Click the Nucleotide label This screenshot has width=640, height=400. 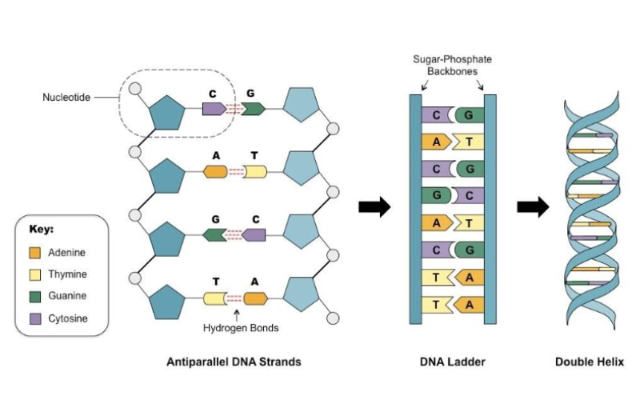tap(66, 98)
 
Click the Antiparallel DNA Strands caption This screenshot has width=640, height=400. tap(234, 362)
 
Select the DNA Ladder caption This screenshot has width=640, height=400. tap(452, 362)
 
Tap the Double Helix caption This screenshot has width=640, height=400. tap(590, 362)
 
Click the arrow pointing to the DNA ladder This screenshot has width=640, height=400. tap(374, 208)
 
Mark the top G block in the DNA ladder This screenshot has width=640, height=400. tap(469, 115)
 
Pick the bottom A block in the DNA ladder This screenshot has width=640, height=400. tap(469, 305)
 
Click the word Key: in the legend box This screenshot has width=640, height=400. tap(42, 229)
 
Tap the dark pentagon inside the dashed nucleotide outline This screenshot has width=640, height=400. tap(169, 114)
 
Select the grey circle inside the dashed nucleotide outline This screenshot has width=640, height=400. tap(137, 87)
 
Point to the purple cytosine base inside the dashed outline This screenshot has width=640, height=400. tap(214, 108)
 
